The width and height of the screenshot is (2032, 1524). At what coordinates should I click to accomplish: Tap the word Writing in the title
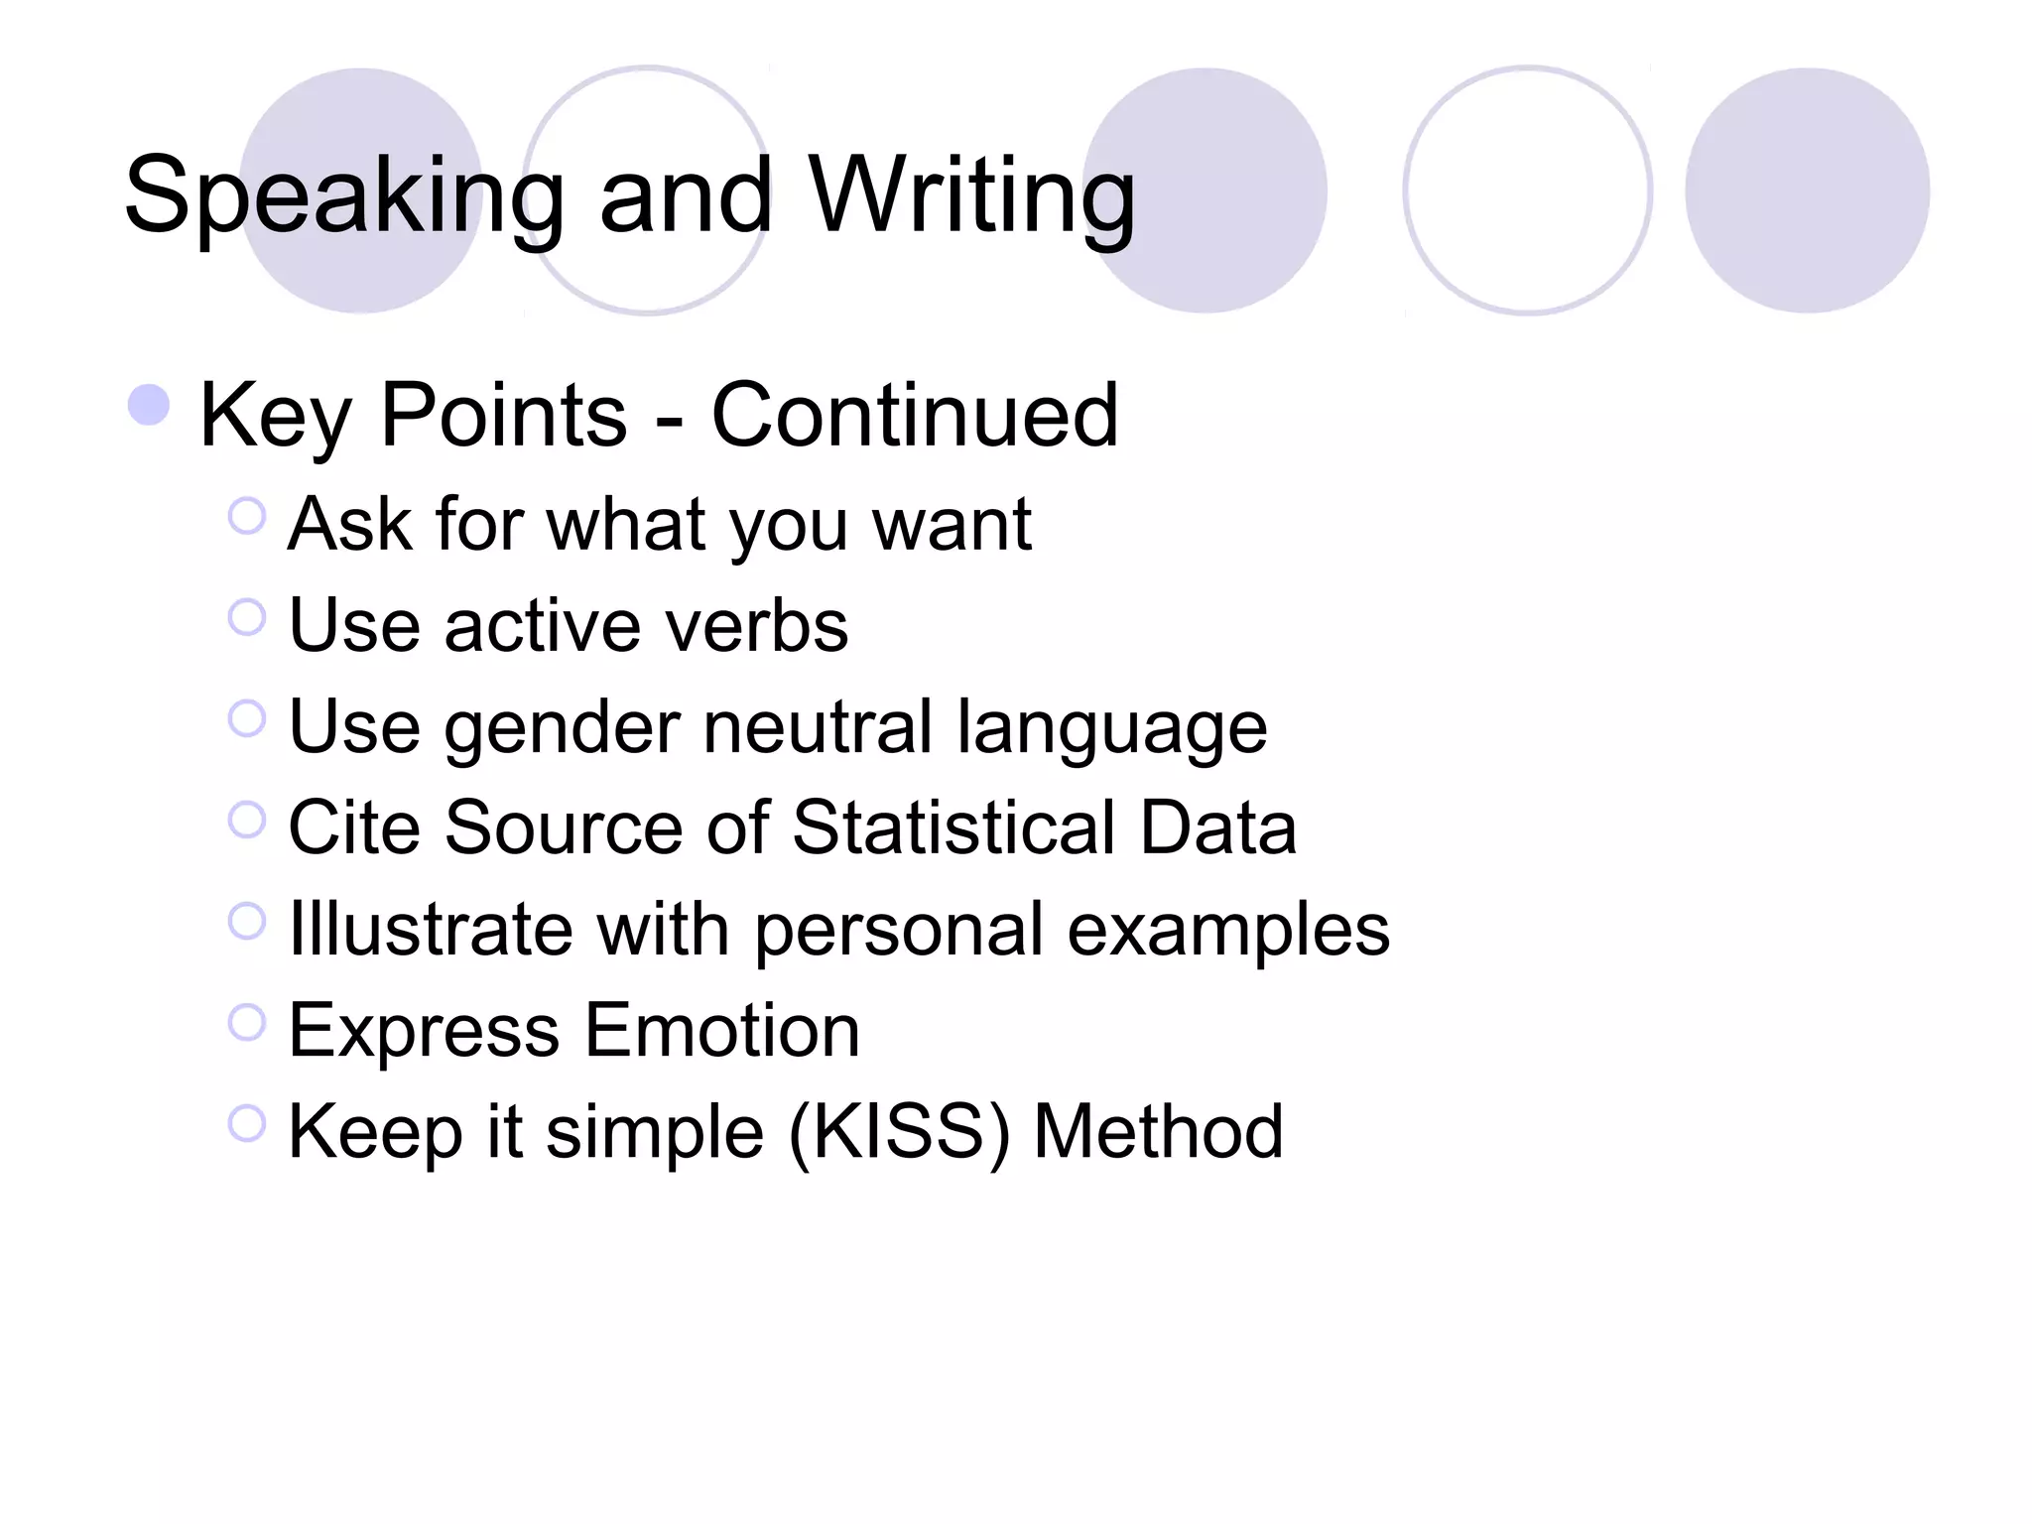(971, 196)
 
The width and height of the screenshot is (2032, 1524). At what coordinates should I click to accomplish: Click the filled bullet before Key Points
(149, 405)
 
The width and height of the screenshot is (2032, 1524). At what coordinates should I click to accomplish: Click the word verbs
(756, 626)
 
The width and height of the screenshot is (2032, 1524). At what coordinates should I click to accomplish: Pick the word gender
(562, 727)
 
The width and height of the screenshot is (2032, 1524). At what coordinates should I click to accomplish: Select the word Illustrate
(431, 930)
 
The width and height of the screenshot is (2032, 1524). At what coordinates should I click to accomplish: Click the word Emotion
(722, 1031)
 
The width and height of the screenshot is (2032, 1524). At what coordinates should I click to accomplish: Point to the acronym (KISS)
(899, 1132)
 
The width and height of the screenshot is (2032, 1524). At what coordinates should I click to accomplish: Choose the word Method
(1158, 1132)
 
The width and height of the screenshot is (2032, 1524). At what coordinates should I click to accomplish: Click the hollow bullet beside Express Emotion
(247, 1022)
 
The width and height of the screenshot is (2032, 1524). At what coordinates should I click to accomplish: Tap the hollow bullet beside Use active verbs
(247, 617)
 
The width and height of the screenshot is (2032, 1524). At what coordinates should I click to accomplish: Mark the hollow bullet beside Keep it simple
(247, 1123)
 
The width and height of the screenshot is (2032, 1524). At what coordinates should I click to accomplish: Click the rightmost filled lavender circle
(1807, 190)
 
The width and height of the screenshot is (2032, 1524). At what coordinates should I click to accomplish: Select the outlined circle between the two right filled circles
(1528, 190)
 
